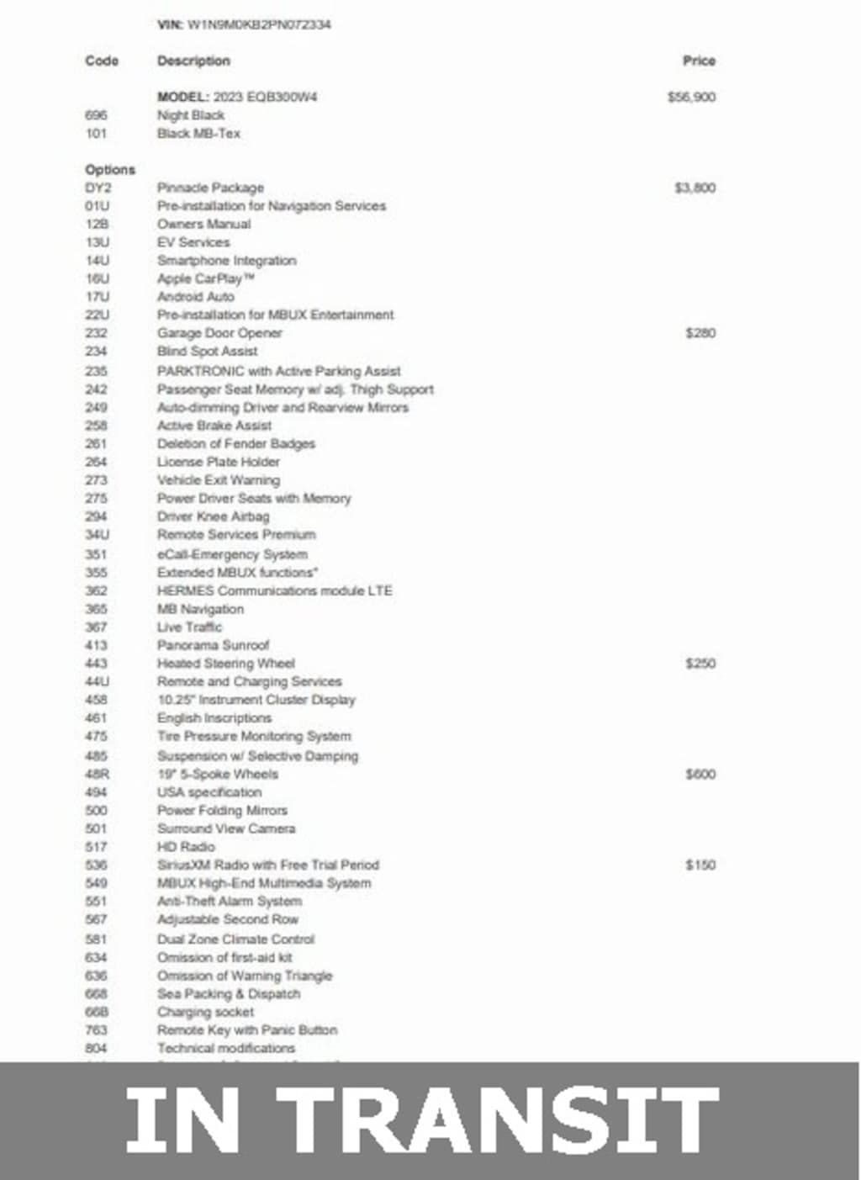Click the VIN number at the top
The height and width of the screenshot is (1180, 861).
click(x=258, y=24)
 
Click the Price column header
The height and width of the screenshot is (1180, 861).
click(x=699, y=61)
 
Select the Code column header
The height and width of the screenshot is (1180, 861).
click(x=102, y=61)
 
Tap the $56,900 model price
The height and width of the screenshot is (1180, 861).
click(x=691, y=97)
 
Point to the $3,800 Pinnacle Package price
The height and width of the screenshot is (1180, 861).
click(x=695, y=188)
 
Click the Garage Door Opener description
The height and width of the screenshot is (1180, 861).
click(x=219, y=333)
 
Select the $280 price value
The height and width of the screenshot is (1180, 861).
click(x=700, y=333)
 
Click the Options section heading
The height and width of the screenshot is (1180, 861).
click(x=110, y=169)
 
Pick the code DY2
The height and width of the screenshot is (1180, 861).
click(x=98, y=188)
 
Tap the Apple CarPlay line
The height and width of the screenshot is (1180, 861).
click(x=205, y=278)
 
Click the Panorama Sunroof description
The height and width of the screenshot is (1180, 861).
click(x=213, y=645)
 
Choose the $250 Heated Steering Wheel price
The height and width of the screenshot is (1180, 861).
click(x=700, y=664)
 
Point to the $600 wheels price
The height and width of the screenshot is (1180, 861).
click(x=700, y=774)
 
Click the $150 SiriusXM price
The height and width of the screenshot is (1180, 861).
click(x=700, y=865)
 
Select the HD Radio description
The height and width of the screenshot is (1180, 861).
click(x=186, y=847)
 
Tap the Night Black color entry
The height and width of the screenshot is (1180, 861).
click(x=191, y=115)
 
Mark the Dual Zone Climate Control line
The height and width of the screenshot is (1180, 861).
click(x=235, y=939)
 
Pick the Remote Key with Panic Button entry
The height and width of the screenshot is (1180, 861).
click(x=247, y=1029)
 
